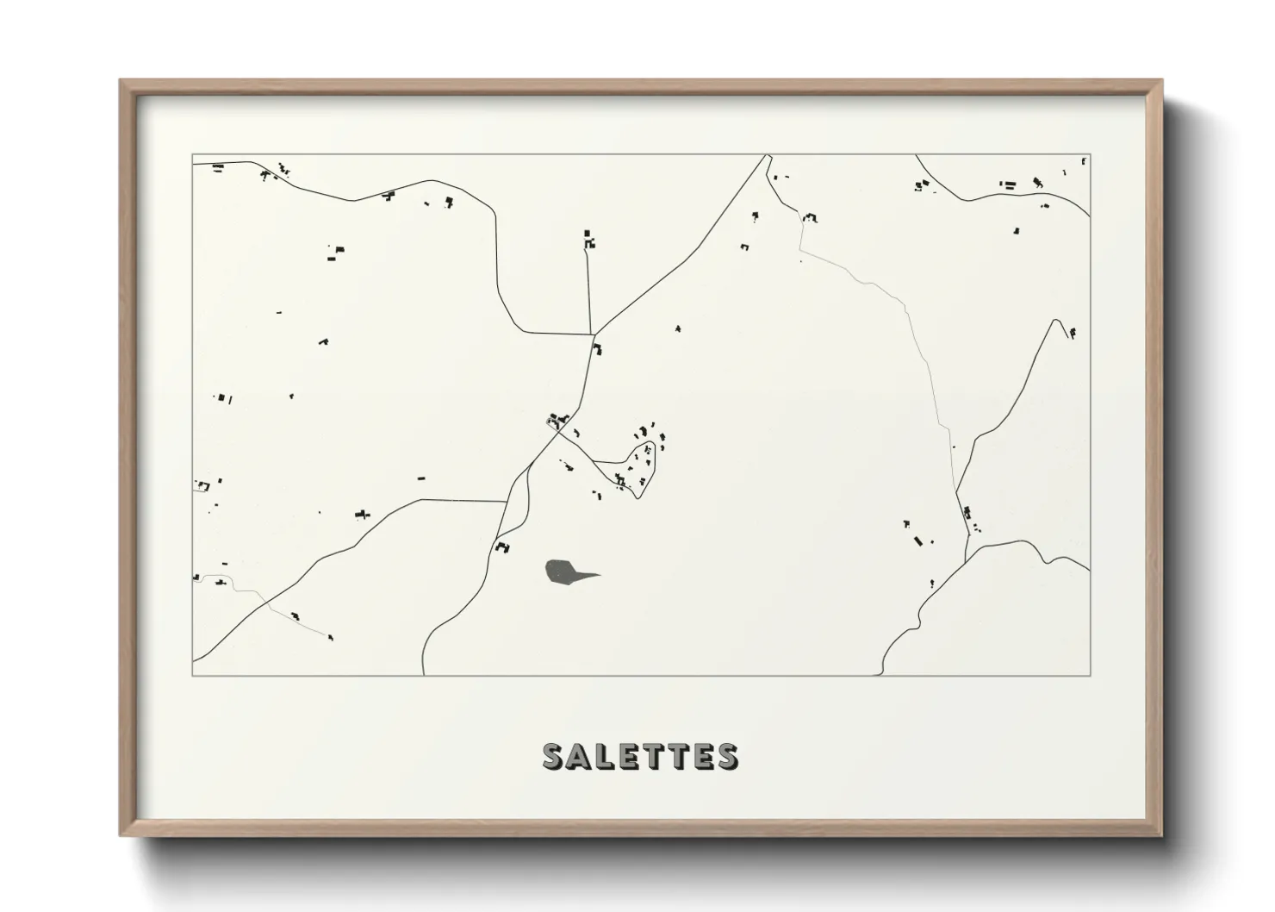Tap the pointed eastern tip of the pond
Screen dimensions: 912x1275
tap(600, 575)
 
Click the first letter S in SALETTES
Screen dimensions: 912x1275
tap(553, 756)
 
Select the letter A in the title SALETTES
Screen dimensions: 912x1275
tap(576, 756)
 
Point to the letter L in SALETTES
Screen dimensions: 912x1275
tap(600, 756)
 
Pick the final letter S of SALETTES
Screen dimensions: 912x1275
tap(726, 756)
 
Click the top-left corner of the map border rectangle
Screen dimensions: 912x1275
tap(192, 155)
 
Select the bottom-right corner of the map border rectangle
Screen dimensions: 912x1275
tap(1090, 675)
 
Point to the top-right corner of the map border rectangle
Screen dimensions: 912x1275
tap(1090, 155)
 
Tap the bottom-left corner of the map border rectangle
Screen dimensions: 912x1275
tap(192, 675)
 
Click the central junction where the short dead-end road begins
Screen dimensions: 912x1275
tap(593, 334)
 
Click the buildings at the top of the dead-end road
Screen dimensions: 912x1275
tap(588, 240)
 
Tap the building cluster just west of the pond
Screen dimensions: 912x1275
tap(502, 547)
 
